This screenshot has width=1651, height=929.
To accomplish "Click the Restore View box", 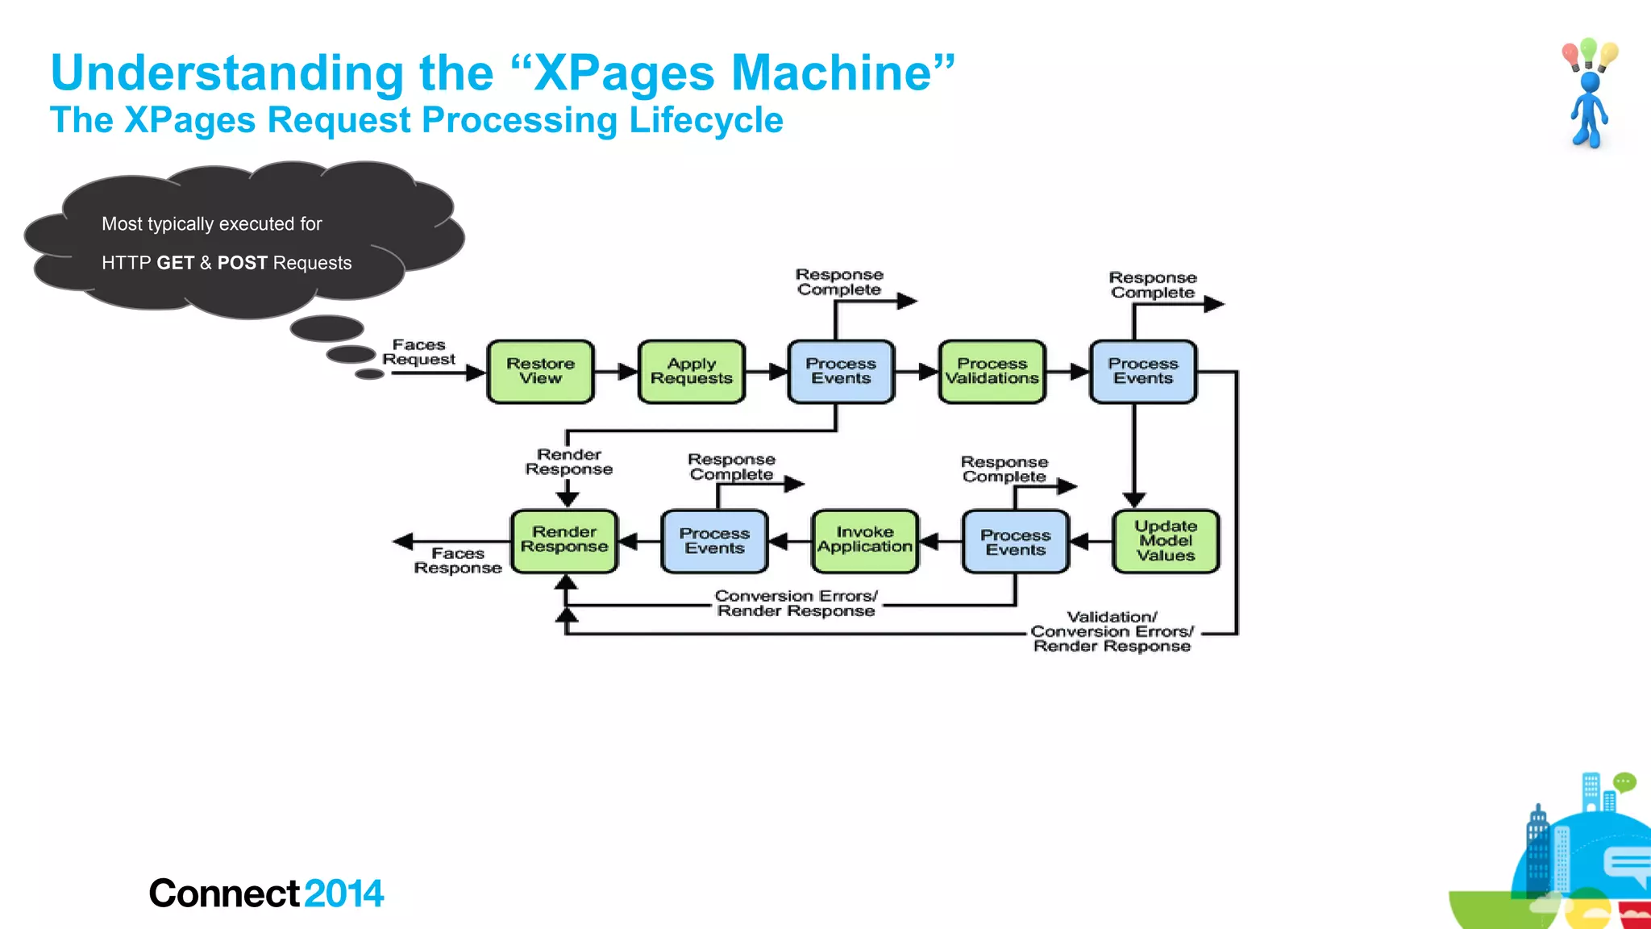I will (x=540, y=372).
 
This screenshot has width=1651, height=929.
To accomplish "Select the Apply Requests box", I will (x=691, y=372).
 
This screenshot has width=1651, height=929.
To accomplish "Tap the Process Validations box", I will (x=992, y=372).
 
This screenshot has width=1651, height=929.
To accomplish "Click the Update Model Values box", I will (x=1165, y=541).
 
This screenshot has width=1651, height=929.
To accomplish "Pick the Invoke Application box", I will (x=864, y=541).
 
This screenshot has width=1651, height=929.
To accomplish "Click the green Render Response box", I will (x=564, y=541).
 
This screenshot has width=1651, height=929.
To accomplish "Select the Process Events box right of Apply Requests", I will (x=841, y=372).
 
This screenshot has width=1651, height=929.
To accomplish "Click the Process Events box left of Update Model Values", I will (x=1015, y=542).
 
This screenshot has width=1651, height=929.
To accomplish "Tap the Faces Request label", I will (x=418, y=352).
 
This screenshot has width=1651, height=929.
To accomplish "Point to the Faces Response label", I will (x=457, y=560).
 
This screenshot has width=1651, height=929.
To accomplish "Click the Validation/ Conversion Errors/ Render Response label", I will (x=1112, y=631).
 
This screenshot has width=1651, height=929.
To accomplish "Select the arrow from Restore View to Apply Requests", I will (x=616, y=372).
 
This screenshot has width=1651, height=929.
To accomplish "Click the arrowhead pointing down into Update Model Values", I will (x=1133, y=500).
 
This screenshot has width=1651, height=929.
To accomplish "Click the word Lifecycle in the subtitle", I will (x=705, y=120).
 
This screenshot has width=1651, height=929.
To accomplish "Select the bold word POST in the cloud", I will (x=242, y=263).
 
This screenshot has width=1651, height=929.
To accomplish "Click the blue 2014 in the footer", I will (x=344, y=894).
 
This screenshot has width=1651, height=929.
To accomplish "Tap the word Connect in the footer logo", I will (x=224, y=894).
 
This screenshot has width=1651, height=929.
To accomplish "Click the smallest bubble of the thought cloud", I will (x=369, y=374).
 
